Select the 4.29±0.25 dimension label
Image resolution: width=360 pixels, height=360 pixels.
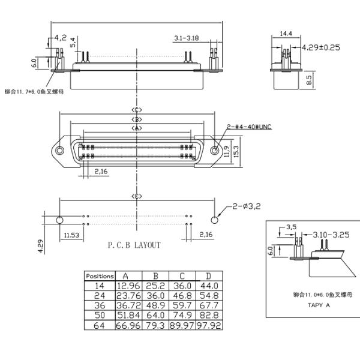(x=320, y=47)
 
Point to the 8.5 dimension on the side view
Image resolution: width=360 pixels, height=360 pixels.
(x=309, y=80)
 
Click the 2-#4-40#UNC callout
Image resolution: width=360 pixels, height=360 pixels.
(x=249, y=127)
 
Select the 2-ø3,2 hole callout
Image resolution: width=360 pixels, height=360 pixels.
(x=246, y=207)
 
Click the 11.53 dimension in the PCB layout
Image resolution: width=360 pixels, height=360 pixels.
(x=71, y=235)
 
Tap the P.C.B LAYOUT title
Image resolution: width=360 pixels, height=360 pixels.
(x=134, y=245)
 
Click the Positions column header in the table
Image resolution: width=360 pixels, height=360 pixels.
(x=100, y=276)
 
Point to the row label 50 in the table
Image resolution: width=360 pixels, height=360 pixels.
(x=100, y=315)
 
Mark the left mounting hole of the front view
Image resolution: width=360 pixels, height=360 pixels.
(x=61, y=151)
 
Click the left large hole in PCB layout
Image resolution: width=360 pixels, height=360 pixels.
(x=59, y=220)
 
